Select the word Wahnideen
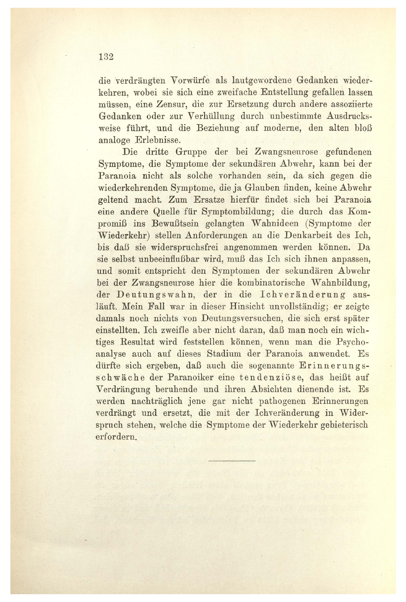[x=275, y=224]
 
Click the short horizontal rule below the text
[x=232, y=461]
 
